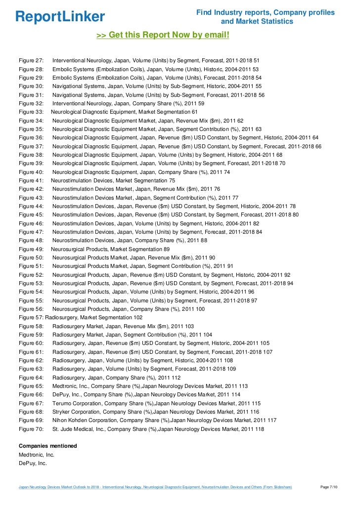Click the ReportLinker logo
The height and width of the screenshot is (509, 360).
(60, 17)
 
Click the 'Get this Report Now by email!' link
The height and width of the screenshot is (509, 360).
(163, 35)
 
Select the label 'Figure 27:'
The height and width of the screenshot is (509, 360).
(32, 60)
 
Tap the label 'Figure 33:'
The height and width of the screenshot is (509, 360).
(32, 112)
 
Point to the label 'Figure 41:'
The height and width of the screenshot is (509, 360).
(32, 180)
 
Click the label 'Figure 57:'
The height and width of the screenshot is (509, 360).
(31, 318)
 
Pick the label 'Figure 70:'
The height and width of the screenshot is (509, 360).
(32, 429)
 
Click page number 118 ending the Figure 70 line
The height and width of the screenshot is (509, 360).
(259, 429)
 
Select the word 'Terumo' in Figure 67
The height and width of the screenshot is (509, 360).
(62, 403)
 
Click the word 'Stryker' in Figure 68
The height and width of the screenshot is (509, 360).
(62, 412)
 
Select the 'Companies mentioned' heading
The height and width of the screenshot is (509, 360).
(47, 446)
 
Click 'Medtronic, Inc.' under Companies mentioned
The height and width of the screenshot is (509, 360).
(36, 455)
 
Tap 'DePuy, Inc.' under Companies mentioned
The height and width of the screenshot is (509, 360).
(33, 463)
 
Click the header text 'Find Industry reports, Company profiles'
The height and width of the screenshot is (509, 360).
(266, 12)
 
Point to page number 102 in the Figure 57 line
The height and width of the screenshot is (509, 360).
(138, 318)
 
